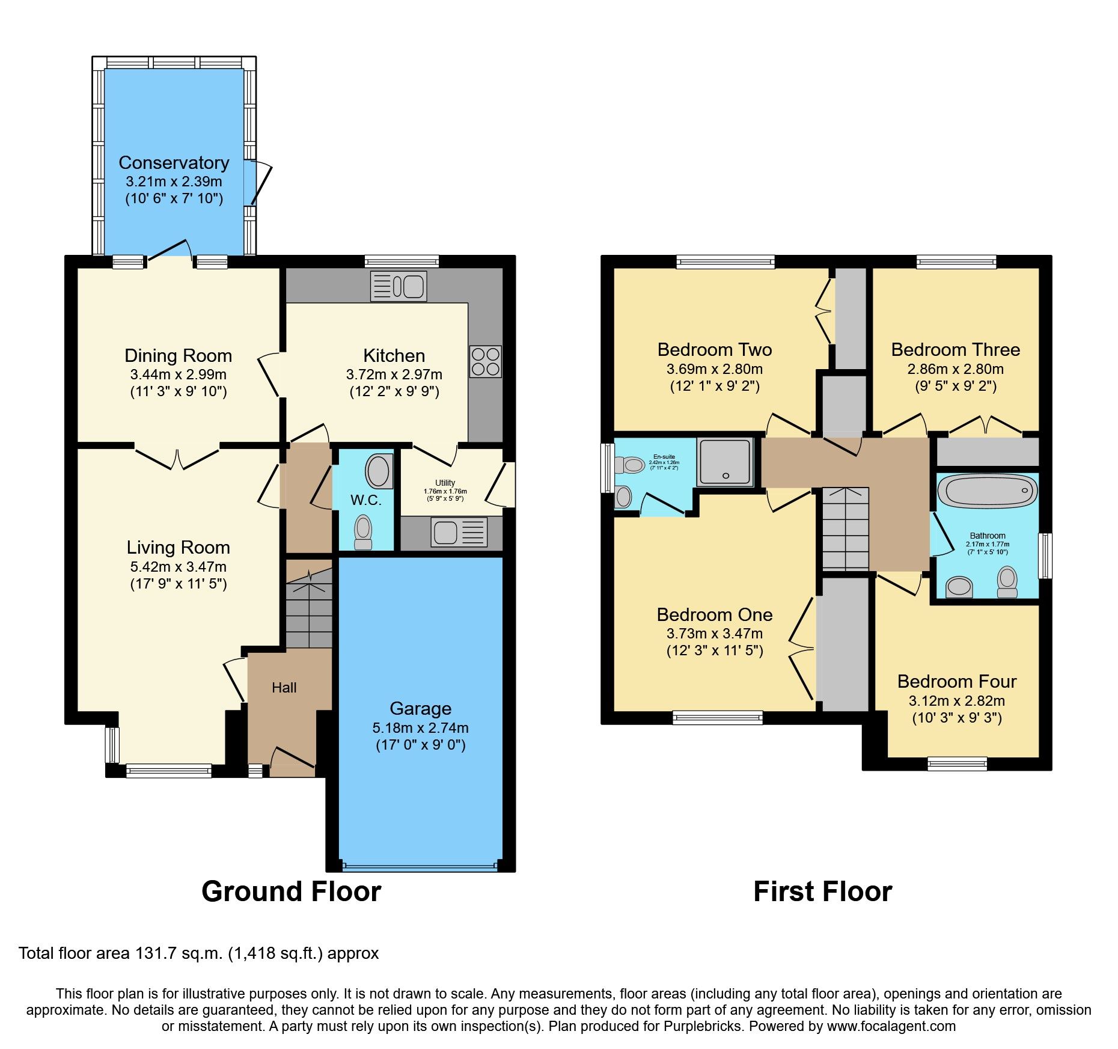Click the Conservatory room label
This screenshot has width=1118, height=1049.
pyautogui.click(x=174, y=163)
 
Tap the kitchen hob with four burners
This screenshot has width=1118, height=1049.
pyautogui.click(x=485, y=361)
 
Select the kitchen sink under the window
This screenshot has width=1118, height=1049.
pyautogui.click(x=399, y=286)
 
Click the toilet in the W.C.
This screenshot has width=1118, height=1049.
pyautogui.click(x=363, y=533)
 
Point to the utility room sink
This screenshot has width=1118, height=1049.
pyautogui.click(x=459, y=533)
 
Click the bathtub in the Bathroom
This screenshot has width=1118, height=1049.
pyautogui.click(x=988, y=491)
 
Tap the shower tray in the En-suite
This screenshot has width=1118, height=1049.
pyautogui.click(x=725, y=462)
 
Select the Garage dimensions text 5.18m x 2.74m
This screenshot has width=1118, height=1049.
pyautogui.click(x=420, y=728)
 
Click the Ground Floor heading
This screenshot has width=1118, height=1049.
pyautogui.click(x=291, y=891)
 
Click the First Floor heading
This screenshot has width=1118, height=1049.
pyautogui.click(x=822, y=891)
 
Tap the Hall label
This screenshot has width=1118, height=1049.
pyautogui.click(x=284, y=688)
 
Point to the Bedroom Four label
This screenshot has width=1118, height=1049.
pyautogui.click(x=956, y=682)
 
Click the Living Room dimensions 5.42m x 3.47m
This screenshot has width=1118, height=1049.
pyautogui.click(x=178, y=567)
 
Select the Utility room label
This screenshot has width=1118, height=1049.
pyautogui.click(x=445, y=483)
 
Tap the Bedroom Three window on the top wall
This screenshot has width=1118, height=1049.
pyautogui.click(x=956, y=262)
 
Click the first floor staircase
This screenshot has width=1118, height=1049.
pyautogui.click(x=845, y=529)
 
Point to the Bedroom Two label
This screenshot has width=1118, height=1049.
pyautogui.click(x=714, y=350)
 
